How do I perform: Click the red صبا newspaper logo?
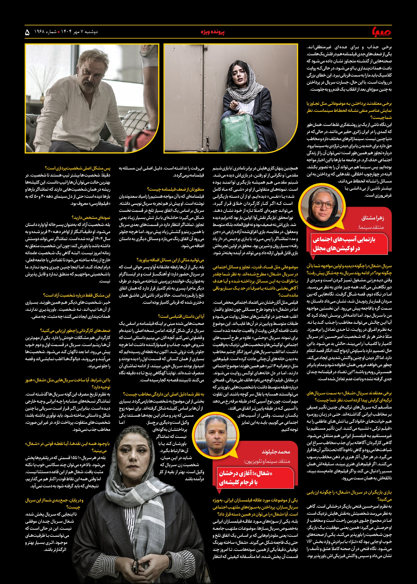(x=381, y=32)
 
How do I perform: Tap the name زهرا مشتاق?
(x=372, y=218)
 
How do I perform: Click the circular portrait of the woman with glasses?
(x=322, y=205)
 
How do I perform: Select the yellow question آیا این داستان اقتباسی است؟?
(x=181, y=316)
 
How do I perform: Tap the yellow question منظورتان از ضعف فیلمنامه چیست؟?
(x=175, y=189)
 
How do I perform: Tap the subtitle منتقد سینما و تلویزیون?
(x=267, y=461)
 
